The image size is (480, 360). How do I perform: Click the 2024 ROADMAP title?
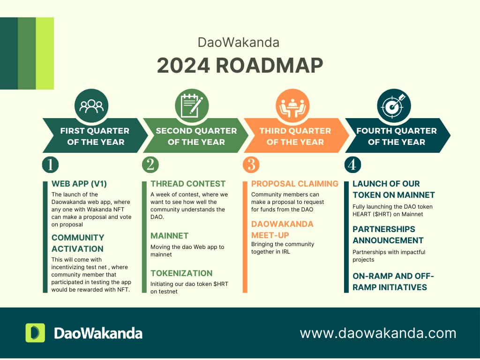[x=240, y=66]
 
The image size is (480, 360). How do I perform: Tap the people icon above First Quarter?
[x=91, y=105]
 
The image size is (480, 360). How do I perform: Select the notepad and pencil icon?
[x=192, y=105]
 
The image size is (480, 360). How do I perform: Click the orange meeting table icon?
[x=292, y=105]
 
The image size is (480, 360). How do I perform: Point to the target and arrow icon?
[x=394, y=105]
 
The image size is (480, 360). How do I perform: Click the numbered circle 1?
[x=50, y=165]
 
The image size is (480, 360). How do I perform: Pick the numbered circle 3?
[x=251, y=165]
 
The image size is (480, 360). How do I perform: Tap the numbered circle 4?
[x=352, y=165]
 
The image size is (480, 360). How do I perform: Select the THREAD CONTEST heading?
[x=188, y=184]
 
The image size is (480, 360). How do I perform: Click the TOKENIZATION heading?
[x=181, y=273]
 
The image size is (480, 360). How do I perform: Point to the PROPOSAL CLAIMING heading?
[x=295, y=184]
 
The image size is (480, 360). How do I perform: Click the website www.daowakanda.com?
[x=378, y=333]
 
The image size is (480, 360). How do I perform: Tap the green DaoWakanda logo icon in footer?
[x=35, y=333]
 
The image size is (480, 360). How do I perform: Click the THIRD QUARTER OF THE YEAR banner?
[x=295, y=136]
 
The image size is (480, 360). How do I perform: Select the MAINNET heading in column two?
[x=170, y=235]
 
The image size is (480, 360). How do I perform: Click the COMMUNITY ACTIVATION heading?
[x=78, y=243]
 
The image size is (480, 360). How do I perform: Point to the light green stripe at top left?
[x=45, y=53]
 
